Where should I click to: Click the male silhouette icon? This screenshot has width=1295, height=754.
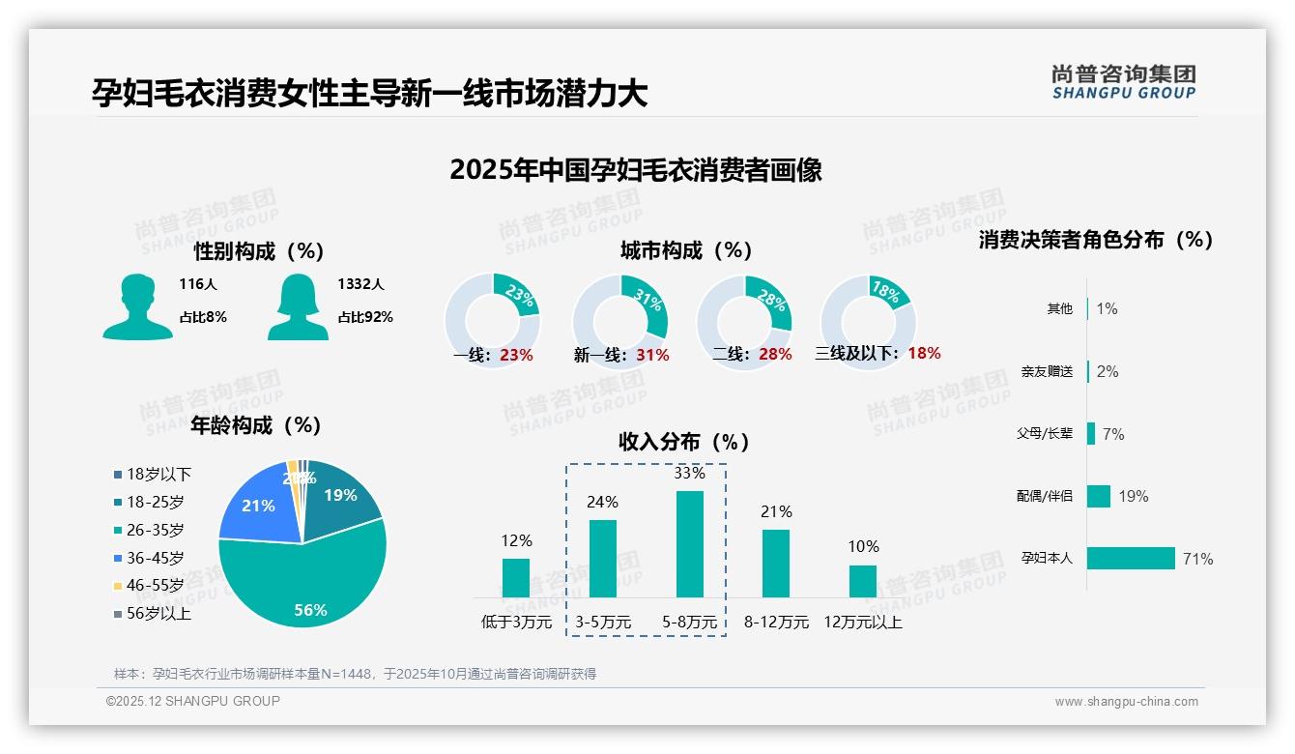(137, 306)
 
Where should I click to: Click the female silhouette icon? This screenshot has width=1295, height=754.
(297, 306)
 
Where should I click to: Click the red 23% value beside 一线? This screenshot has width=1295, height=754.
(516, 355)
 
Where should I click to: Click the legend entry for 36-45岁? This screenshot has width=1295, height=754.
(155, 558)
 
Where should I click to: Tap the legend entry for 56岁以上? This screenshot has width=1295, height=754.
(158, 613)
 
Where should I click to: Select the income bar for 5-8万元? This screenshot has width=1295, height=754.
(689, 544)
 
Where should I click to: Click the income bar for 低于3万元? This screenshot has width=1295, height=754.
(516, 578)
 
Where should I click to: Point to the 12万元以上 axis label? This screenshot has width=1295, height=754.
(862, 623)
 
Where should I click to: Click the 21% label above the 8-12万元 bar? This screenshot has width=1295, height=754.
(776, 511)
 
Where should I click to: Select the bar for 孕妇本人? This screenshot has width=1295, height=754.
(1131, 559)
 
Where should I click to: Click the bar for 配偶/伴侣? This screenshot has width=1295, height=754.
(1099, 496)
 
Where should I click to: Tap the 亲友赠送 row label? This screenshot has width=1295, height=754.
(1047, 371)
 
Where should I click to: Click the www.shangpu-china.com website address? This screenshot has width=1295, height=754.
(1126, 702)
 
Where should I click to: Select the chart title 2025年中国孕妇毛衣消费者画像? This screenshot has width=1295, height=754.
(635, 170)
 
